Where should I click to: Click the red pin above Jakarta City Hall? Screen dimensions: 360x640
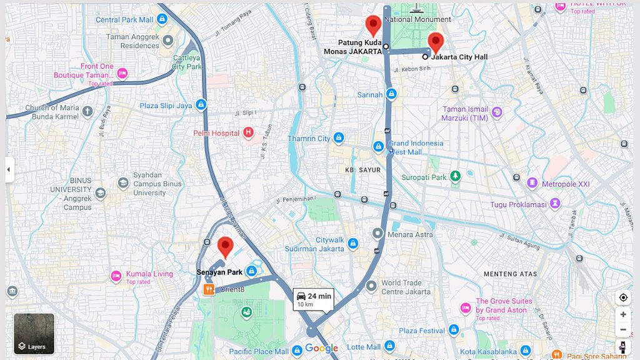click(x=435, y=42)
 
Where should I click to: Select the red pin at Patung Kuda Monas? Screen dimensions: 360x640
click(x=373, y=26)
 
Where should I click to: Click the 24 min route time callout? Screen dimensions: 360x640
click(x=313, y=299)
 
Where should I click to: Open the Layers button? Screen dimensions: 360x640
click(x=34, y=334)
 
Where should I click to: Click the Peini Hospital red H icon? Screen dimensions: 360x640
click(x=248, y=132)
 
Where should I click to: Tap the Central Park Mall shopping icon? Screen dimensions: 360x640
click(x=162, y=19)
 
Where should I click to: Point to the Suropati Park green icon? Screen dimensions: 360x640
click(x=456, y=177)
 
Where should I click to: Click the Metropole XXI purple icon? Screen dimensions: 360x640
click(x=532, y=183)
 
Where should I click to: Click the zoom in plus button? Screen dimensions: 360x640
click(x=622, y=314)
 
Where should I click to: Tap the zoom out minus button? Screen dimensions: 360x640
click(x=622, y=329)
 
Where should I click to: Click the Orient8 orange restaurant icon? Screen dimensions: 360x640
click(x=209, y=289)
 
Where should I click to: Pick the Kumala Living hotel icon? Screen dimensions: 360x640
click(x=116, y=276)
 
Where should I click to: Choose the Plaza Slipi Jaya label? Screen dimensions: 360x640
click(x=166, y=106)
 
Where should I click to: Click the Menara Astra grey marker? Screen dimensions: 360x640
click(x=377, y=234)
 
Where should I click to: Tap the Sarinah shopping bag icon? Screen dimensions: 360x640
click(x=391, y=94)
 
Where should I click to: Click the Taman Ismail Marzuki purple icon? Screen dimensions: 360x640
click(x=497, y=112)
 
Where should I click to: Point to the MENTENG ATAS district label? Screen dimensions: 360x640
click(x=510, y=274)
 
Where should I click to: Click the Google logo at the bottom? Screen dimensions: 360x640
click(x=321, y=349)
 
